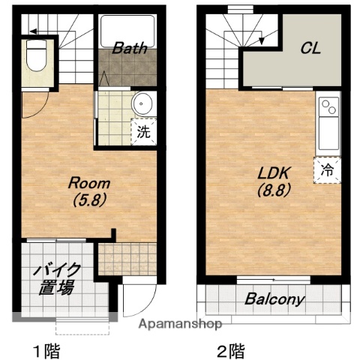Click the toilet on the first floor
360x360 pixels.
click(x=35, y=55)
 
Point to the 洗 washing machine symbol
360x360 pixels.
click(x=142, y=132)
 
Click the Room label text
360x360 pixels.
click(x=89, y=183)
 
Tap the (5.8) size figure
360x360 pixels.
click(x=89, y=200)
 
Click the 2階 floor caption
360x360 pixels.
click(x=231, y=349)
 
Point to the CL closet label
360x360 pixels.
click(x=310, y=48)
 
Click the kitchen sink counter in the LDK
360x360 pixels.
click(x=328, y=124)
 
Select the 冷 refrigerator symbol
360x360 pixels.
click(x=328, y=169)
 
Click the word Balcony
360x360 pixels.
click(x=275, y=299)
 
